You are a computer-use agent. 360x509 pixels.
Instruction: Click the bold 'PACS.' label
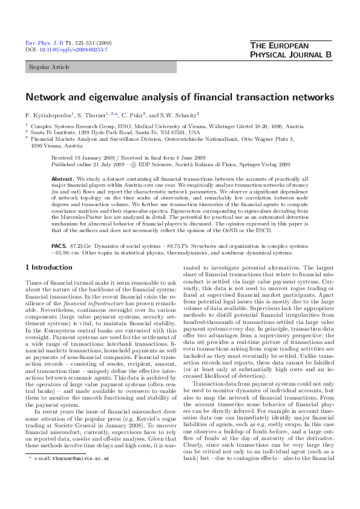click(59, 247)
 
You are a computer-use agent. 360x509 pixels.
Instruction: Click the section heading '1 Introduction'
click(48, 267)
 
